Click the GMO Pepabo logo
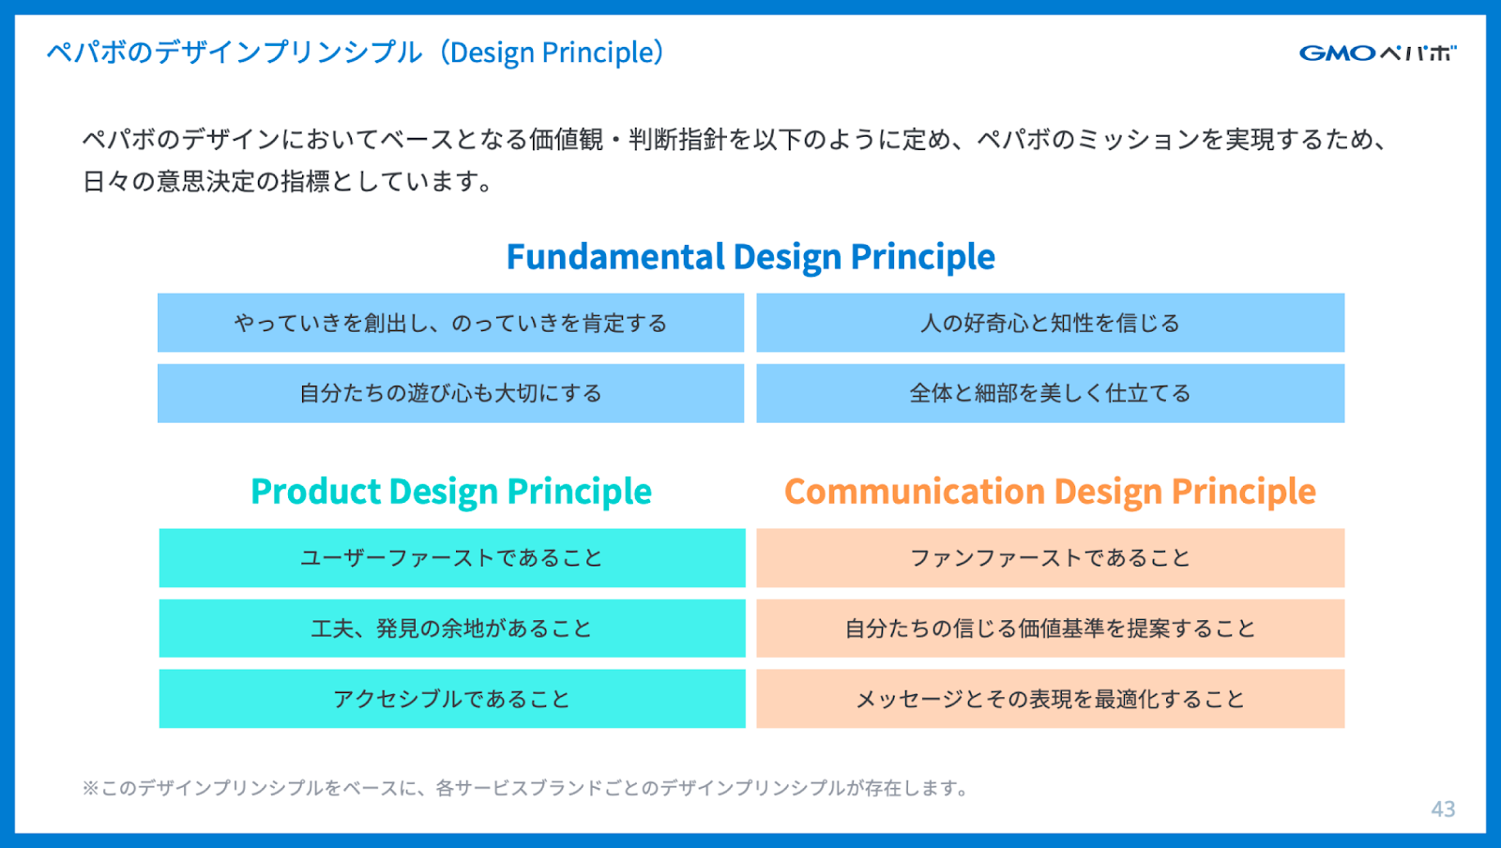click(1378, 53)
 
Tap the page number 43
click(1443, 810)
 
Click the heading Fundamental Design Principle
click(750, 257)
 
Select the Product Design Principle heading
click(451, 492)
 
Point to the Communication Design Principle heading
click(1050, 492)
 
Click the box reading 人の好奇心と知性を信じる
click(1050, 323)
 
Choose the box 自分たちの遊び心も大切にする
click(451, 393)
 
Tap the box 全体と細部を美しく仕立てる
click(1050, 393)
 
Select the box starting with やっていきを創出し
click(451, 323)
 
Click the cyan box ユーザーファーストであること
click(452, 558)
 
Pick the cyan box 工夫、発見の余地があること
click(452, 628)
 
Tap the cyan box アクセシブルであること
click(452, 699)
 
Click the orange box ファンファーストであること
click(1050, 558)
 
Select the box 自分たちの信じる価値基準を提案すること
click(1050, 628)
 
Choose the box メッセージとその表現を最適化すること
click(1050, 699)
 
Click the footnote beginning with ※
click(525, 788)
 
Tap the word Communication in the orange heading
click(915, 491)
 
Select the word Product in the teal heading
click(315, 491)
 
